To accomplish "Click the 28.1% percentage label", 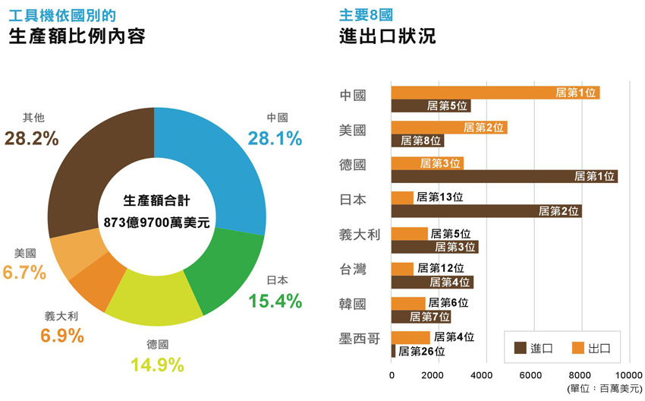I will coord(275,138).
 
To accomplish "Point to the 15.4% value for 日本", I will coord(275,301).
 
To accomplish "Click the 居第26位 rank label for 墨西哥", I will coord(422,351).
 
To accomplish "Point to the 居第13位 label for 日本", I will coord(440,197).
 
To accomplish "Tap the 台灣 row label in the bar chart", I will coord(352,269).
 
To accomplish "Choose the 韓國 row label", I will coord(352,304).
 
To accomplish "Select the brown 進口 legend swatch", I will coord(521,348).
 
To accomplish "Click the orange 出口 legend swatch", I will coord(579,348).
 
